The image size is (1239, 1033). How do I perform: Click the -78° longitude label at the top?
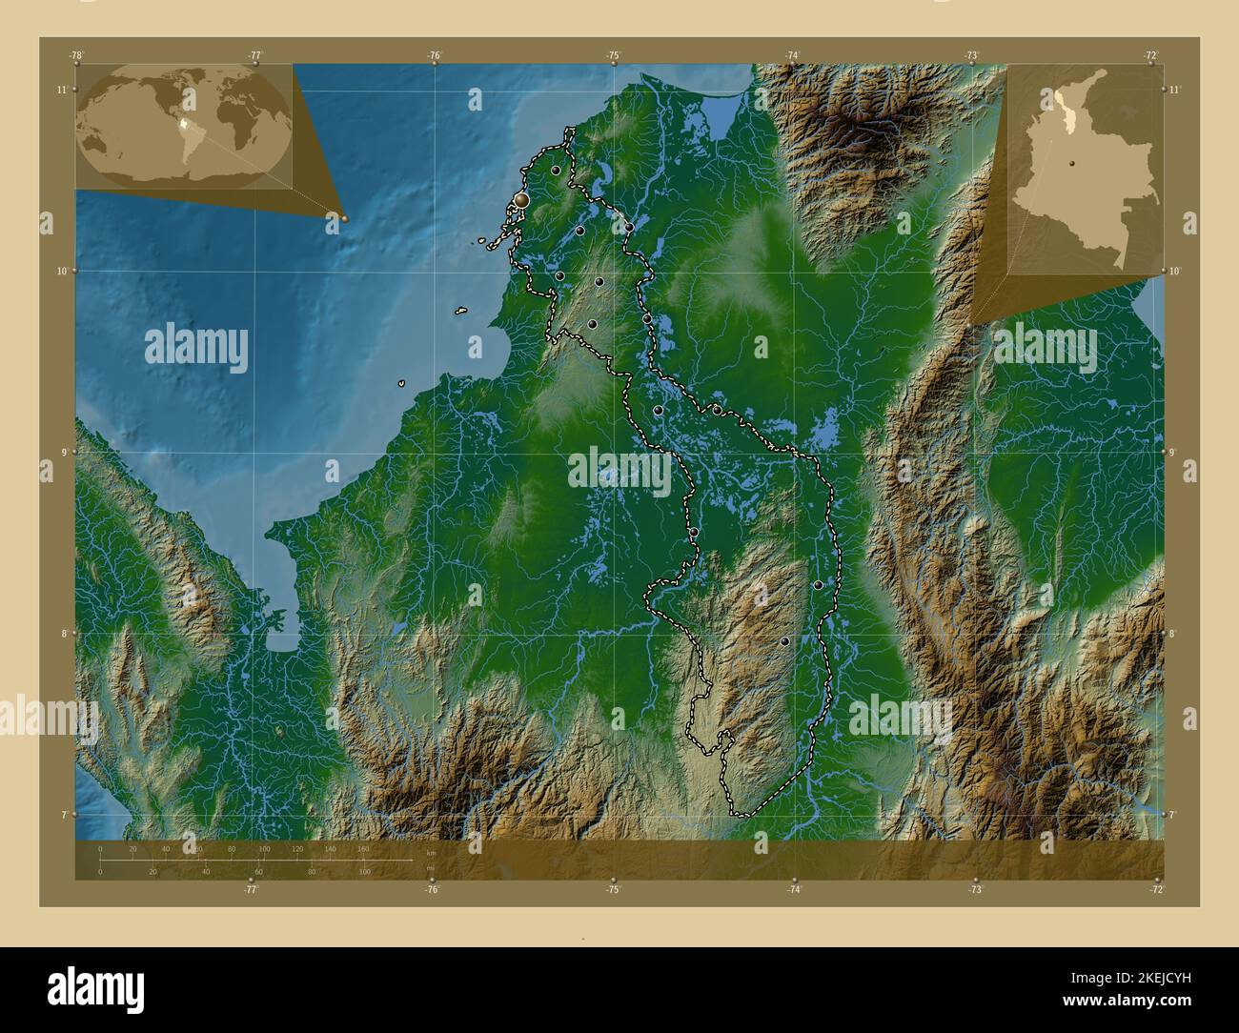(x=75, y=55)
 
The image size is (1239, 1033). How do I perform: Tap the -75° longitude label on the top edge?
(x=614, y=55)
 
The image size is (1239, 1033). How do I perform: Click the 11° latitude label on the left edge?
(x=61, y=90)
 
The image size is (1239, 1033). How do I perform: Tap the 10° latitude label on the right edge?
(x=1175, y=271)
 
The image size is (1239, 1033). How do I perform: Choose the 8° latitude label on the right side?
(x=1175, y=633)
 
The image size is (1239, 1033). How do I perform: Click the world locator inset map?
(x=184, y=125)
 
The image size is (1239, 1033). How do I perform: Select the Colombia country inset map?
(x=1085, y=169)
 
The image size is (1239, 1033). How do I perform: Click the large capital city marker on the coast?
(x=521, y=199)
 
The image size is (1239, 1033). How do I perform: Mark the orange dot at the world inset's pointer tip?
(x=344, y=218)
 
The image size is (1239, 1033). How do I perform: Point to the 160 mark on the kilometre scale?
(x=362, y=848)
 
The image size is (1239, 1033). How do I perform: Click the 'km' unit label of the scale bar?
(x=431, y=852)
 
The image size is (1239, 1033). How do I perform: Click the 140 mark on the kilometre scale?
(x=330, y=848)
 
